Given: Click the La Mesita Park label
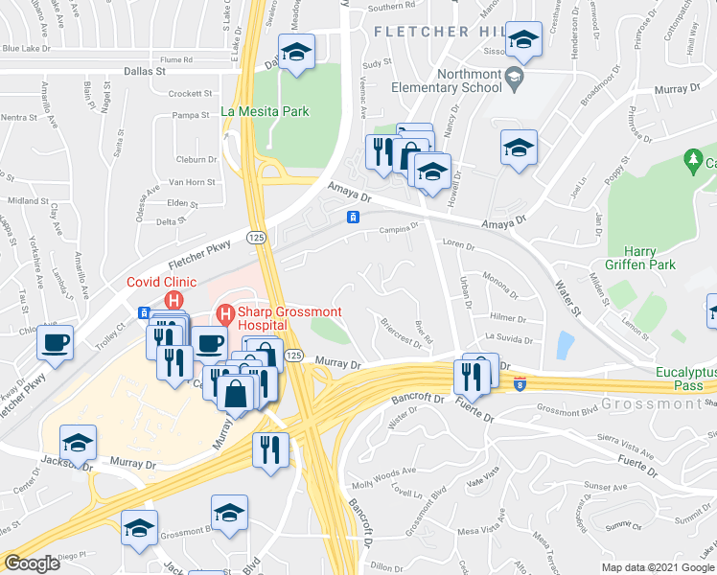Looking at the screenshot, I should pyautogui.click(x=265, y=111).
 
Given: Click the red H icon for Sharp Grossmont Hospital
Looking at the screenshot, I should pyautogui.click(x=226, y=313).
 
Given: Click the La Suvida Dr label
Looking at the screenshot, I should pyautogui.click(x=508, y=337).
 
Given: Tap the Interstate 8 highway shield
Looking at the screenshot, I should pyautogui.click(x=519, y=384).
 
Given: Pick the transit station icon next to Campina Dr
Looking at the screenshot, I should pyautogui.click(x=354, y=218).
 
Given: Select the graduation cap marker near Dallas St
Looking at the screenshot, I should pyautogui.click(x=297, y=55).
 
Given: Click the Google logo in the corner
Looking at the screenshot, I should pyautogui.click(x=32, y=563).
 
